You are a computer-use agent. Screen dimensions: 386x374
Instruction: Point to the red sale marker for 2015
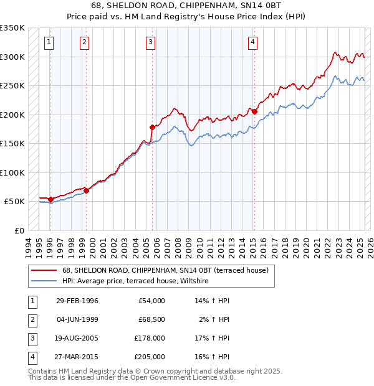coord(254,112)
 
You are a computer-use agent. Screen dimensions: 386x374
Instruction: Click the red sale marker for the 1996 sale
coord(50,199)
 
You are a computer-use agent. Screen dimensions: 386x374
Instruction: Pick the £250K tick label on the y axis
coord(12,85)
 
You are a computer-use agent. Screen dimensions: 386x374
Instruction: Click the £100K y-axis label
coord(12,172)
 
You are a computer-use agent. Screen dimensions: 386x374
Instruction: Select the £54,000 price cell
coord(150,301)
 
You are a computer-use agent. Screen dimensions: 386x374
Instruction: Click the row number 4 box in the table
coord(31,357)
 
